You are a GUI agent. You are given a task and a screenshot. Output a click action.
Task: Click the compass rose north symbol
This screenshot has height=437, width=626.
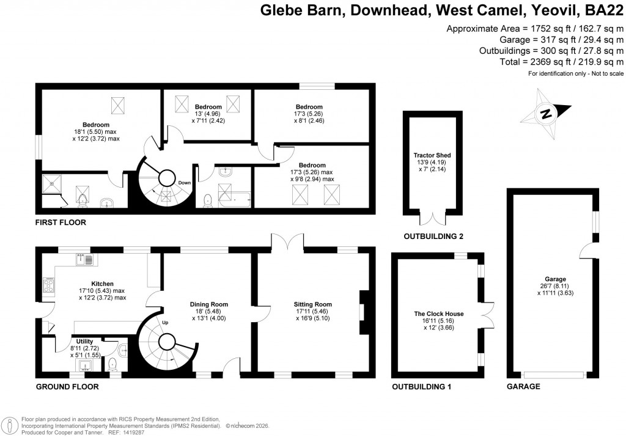click(x=547, y=113)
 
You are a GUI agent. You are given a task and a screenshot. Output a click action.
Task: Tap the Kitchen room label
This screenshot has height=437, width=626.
click(x=102, y=284)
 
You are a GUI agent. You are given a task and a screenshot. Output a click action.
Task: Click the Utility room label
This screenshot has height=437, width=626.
click(x=84, y=342)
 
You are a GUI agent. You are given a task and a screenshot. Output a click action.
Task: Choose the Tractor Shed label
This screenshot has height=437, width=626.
click(x=432, y=155)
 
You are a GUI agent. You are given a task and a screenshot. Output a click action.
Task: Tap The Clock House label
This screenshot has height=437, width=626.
click(x=438, y=314)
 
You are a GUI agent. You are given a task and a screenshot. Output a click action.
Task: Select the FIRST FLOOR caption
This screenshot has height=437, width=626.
click(x=61, y=222)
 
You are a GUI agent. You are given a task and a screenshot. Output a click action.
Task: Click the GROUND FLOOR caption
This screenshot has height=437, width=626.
click(x=67, y=387)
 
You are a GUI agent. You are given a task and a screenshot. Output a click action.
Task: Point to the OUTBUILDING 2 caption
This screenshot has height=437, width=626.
click(x=432, y=237)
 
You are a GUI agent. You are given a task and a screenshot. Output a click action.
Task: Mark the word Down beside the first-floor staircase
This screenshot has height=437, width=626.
click(x=185, y=183)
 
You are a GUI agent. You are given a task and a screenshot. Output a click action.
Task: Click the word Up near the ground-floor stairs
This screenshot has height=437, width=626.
click(x=164, y=322)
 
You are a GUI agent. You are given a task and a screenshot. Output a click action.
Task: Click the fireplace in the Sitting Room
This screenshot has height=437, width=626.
click(x=363, y=312)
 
